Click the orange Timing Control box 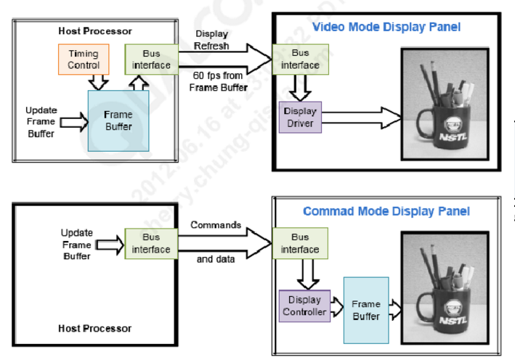click(83, 59)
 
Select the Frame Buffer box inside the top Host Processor click(118, 120)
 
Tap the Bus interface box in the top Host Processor click(151, 60)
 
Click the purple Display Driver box click(299, 117)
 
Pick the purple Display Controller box click(304, 306)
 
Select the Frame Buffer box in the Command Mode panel click(365, 310)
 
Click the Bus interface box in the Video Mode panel click(300, 60)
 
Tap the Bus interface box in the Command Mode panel click(299, 243)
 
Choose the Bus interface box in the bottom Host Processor click(151, 244)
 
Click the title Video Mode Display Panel click(386, 27)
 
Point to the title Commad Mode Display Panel click(386, 211)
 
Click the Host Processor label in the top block click(95, 31)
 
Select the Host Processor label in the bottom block click(95, 329)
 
